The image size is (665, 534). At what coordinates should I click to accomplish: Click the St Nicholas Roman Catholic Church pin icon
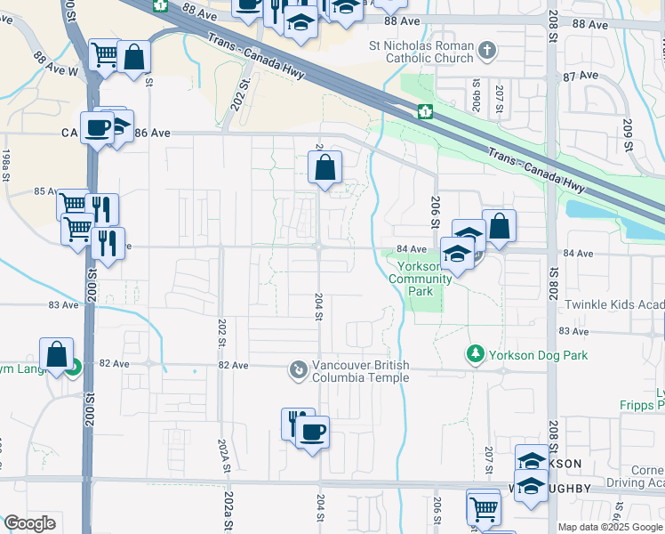tap(486, 52)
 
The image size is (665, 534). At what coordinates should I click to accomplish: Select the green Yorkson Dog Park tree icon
tap(476, 354)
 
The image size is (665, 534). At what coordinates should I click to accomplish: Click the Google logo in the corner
tap(29, 523)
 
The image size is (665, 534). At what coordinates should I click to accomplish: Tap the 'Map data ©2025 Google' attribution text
tap(610, 527)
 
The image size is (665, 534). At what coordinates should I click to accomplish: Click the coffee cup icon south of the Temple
tap(311, 433)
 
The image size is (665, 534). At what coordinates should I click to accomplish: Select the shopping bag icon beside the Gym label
tap(57, 353)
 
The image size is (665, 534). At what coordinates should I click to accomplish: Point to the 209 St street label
tap(629, 133)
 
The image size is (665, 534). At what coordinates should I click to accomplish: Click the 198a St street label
tap(5, 164)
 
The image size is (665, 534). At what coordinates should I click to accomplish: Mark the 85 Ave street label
tap(45, 191)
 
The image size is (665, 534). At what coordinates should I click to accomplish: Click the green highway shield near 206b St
tap(425, 111)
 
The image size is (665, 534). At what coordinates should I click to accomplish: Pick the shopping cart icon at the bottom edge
tap(483, 510)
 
